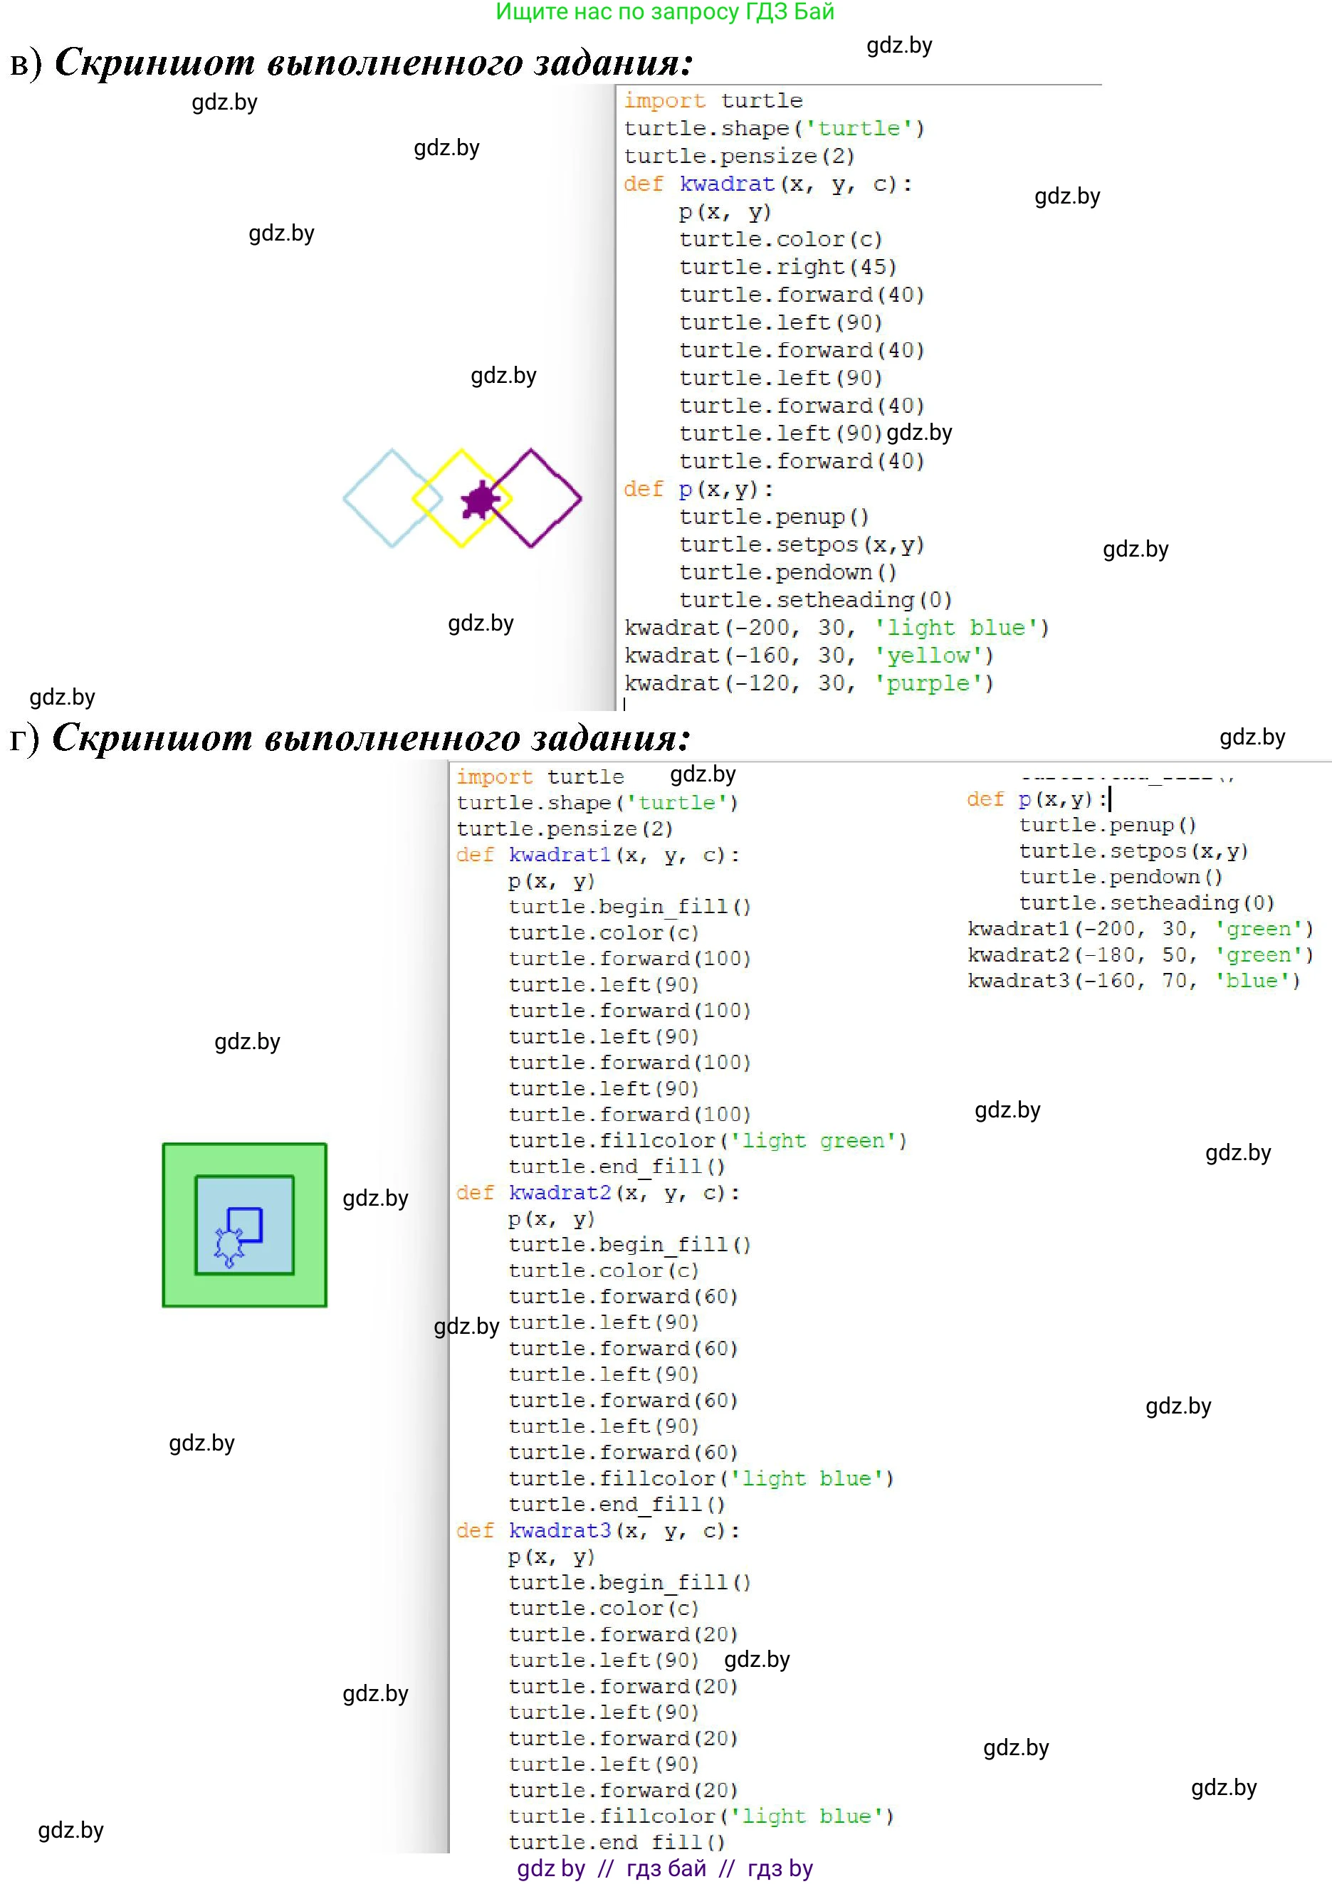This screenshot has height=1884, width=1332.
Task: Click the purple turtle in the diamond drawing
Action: click(479, 500)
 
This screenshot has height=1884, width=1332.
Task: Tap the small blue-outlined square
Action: click(245, 1224)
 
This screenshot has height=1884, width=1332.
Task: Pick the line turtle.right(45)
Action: click(787, 268)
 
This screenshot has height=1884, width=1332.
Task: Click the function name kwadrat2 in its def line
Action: click(560, 1192)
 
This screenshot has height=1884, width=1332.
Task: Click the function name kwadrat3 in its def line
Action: click(560, 1530)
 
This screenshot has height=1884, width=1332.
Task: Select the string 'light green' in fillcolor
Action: click(818, 1140)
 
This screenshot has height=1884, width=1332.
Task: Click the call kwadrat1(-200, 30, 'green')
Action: click(1140, 929)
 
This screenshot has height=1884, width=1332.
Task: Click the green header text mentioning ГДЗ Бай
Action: click(665, 12)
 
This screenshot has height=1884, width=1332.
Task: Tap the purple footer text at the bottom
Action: click(665, 1868)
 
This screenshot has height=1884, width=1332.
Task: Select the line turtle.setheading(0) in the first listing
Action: click(815, 601)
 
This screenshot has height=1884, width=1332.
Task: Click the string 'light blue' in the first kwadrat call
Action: click(961, 628)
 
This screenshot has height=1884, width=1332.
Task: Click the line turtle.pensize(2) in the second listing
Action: click(565, 828)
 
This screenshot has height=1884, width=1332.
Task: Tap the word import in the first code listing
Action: click(664, 101)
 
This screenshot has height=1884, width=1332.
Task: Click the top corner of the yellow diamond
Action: click(461, 451)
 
